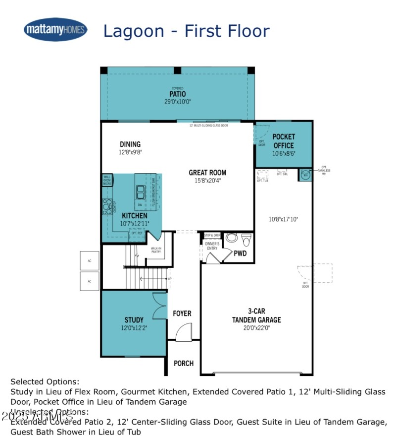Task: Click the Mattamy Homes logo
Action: point(55,30)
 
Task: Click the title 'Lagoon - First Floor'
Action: point(186,31)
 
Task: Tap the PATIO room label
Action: point(178,94)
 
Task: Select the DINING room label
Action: point(130,144)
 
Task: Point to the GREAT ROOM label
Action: point(207,173)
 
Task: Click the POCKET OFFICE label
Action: point(284,141)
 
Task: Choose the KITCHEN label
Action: point(134,216)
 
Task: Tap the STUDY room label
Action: point(134,320)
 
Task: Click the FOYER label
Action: point(182,313)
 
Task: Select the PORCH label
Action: point(183,363)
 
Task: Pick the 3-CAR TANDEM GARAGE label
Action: point(256,315)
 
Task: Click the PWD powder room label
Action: point(240,253)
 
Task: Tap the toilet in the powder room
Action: point(246,240)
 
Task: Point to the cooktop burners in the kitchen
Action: point(107,206)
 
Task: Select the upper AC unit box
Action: point(90,260)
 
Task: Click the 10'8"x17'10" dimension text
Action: point(283,219)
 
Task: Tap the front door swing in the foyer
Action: point(183,332)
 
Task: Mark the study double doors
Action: point(159,306)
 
